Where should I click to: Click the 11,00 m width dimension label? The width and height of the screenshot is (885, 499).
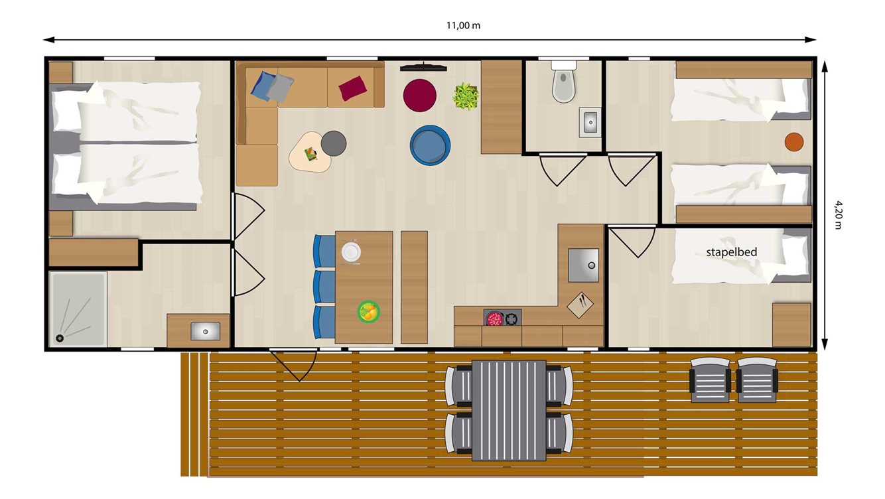point(462,26)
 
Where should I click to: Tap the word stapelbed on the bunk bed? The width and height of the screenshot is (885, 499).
point(731,252)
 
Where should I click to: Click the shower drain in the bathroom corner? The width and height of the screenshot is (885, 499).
point(60,338)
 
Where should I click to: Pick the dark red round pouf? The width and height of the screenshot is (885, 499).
point(419,95)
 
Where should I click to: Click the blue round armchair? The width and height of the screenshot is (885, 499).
point(430,145)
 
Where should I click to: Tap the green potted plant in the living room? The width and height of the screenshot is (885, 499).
point(466,96)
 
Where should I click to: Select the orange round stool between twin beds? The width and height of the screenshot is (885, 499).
point(793,141)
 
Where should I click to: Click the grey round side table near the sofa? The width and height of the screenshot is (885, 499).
point(334,143)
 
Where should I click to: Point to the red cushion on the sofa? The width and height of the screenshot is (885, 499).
point(352,88)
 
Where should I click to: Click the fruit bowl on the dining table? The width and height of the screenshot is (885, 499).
point(368,311)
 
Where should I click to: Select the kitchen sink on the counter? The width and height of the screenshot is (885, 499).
point(582,265)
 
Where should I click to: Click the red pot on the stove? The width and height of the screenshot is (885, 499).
point(494,319)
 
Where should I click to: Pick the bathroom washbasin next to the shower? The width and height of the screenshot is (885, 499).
point(205,330)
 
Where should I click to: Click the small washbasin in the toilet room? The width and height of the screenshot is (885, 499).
point(589,122)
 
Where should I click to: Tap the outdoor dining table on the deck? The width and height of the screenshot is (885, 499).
point(509,410)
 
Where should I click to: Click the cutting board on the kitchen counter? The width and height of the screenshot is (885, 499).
point(580,305)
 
